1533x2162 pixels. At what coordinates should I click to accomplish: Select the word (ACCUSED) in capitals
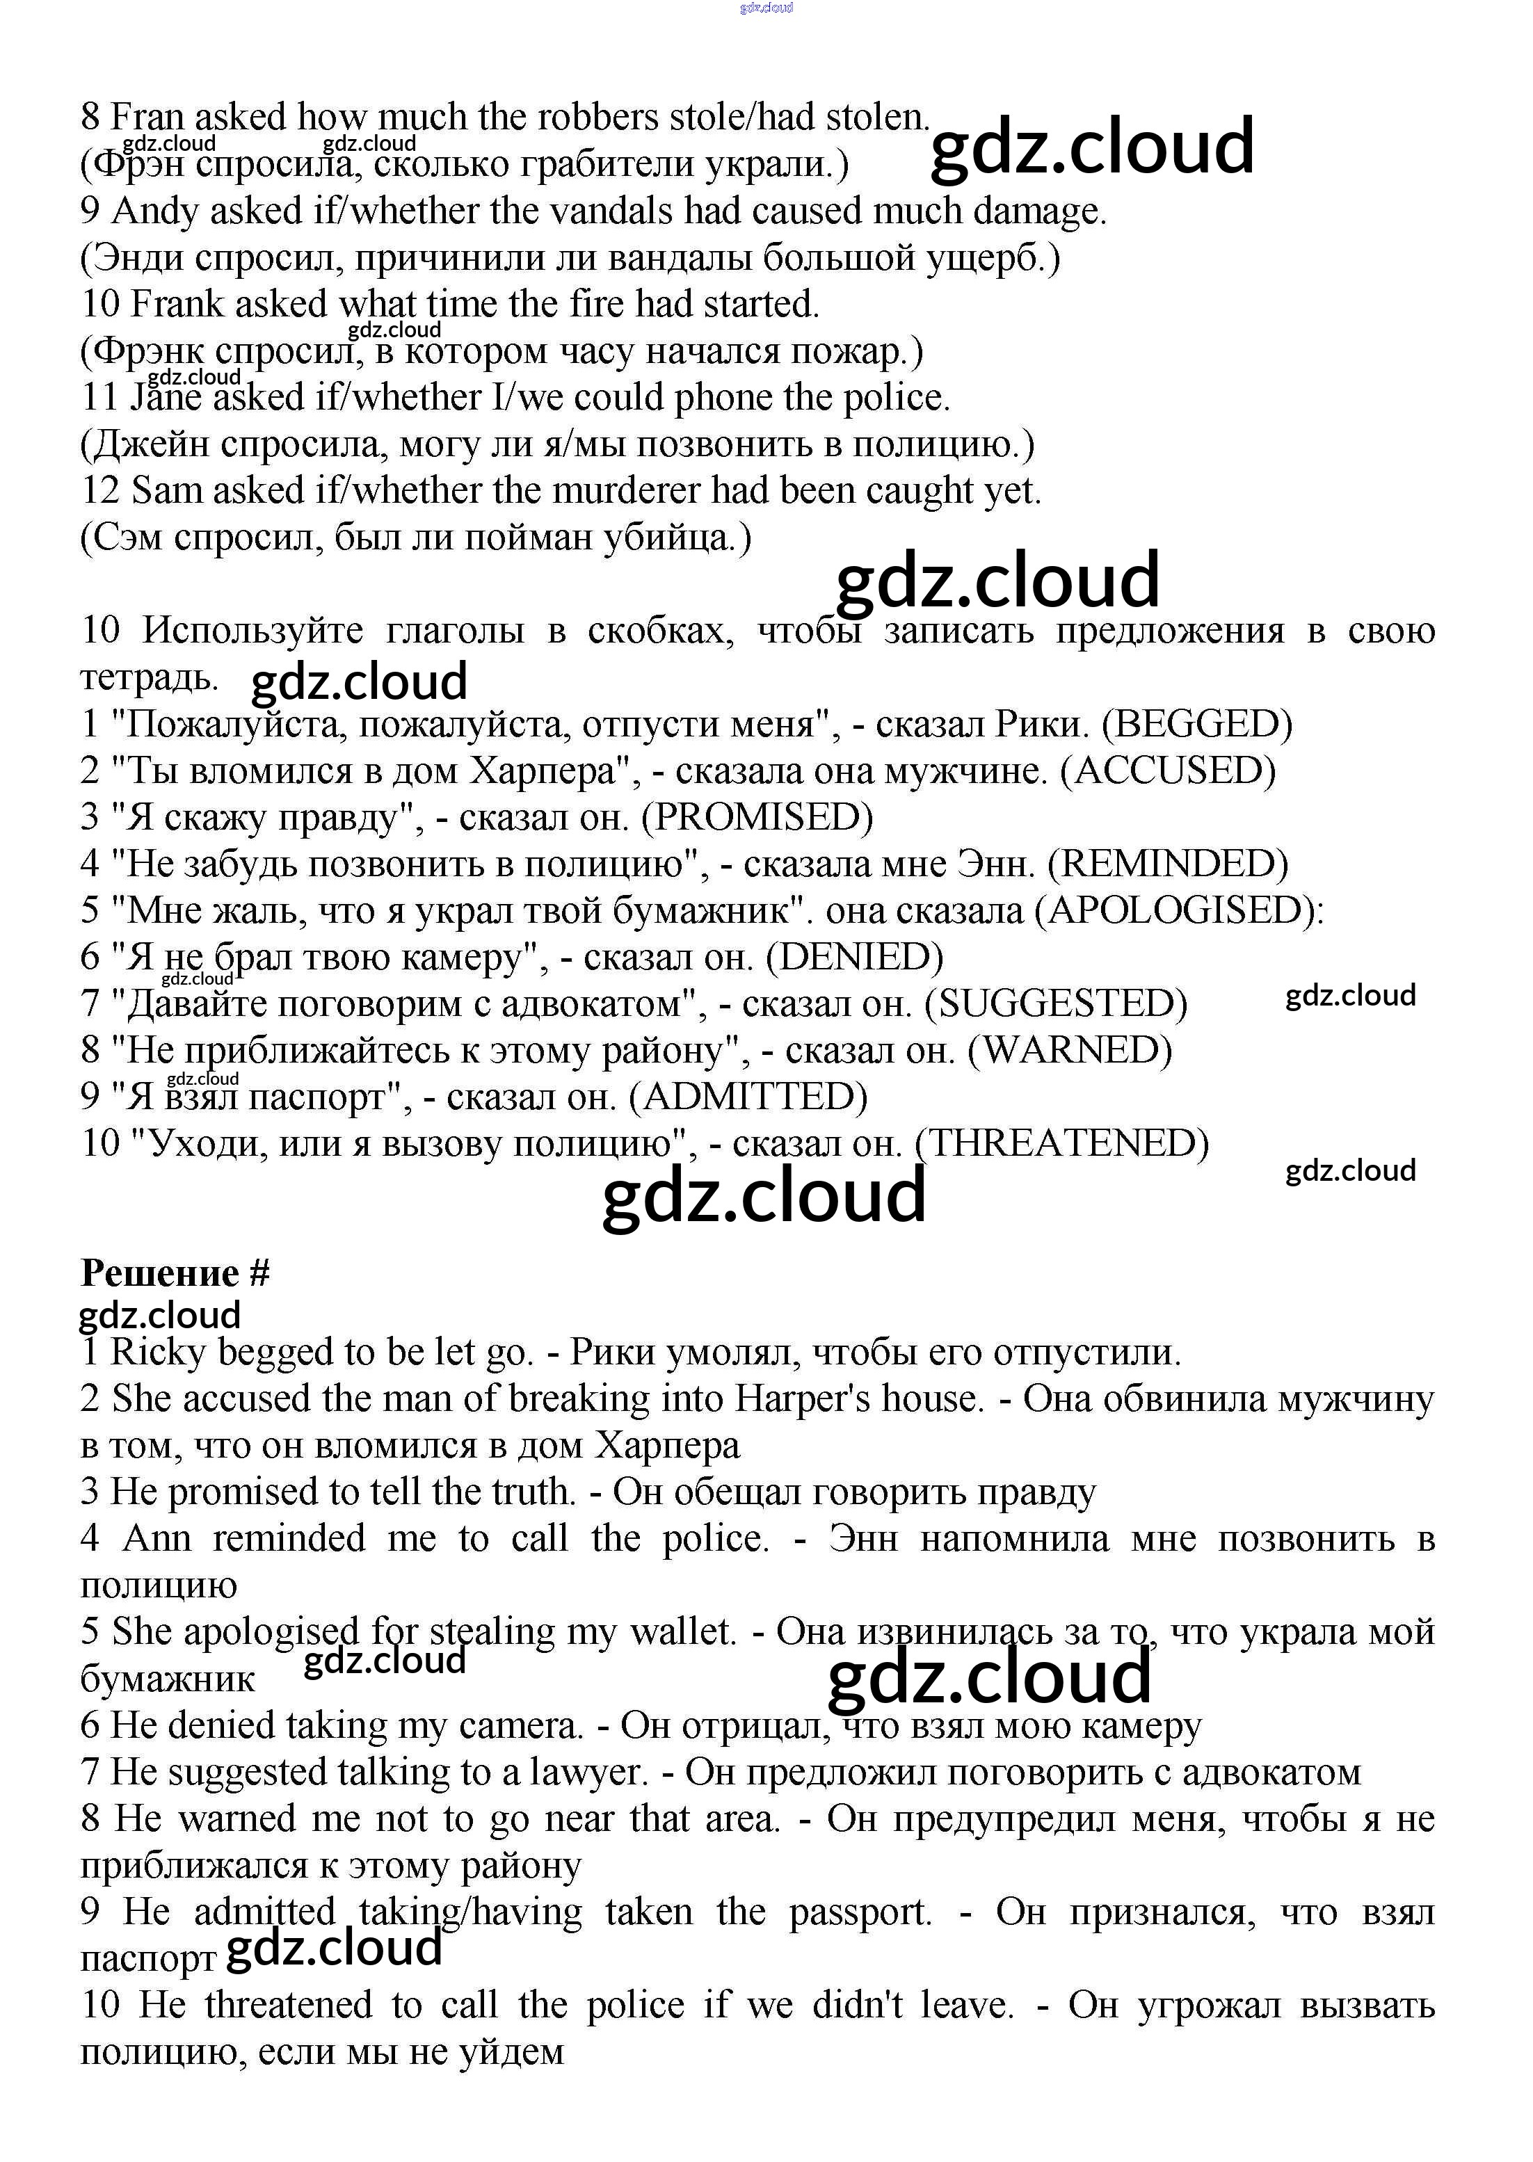pos(1168,771)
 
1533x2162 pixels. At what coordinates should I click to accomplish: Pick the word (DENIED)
pos(854,957)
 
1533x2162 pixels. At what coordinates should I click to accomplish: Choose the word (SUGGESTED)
pos(1055,1003)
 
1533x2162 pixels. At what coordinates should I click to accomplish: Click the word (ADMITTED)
pos(748,1097)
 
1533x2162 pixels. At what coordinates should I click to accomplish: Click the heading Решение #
pos(175,1273)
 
